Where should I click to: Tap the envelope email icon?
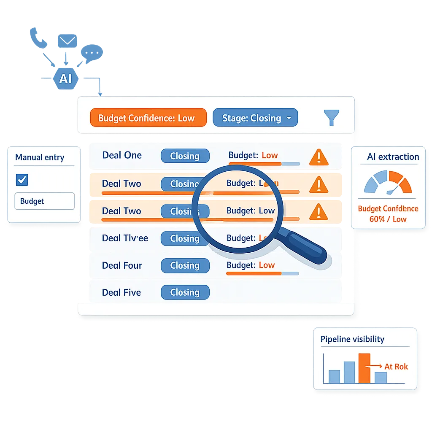[67, 41]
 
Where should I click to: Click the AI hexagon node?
[66, 78]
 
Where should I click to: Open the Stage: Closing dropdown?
[255, 118]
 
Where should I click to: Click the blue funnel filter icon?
[331, 118]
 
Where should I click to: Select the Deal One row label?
[122, 155]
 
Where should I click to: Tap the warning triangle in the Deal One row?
[319, 157]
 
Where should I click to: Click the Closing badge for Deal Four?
[185, 265]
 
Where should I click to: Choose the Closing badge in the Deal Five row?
[185, 292]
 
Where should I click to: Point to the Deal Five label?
[121, 292]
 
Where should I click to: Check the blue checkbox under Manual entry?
[22, 180]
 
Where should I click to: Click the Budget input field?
[45, 201]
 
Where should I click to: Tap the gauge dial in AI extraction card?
[388, 183]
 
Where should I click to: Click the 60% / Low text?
[388, 219]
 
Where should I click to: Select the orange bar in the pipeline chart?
[364, 368]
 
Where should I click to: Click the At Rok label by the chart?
[396, 367]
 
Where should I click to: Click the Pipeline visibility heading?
[352, 339]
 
